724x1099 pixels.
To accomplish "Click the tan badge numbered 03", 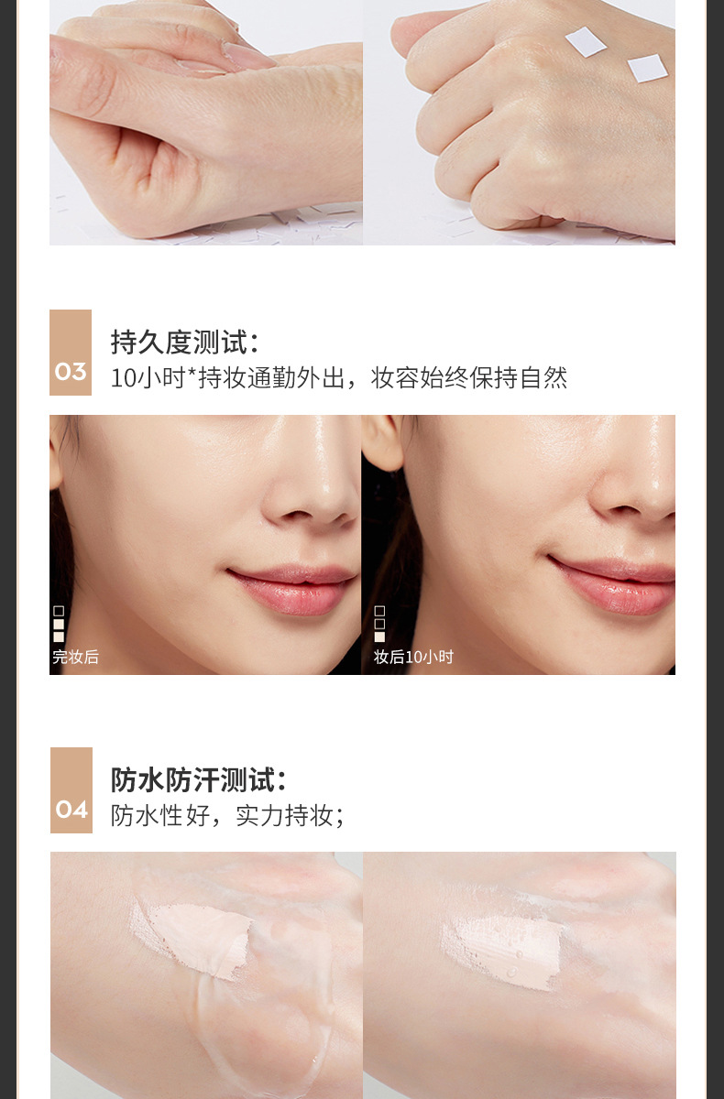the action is pyautogui.click(x=71, y=353).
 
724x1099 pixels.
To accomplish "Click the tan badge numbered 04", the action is pyautogui.click(x=71, y=790).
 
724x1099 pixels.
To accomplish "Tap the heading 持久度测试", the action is pyautogui.click(x=184, y=342).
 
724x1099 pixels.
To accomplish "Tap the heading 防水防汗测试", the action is pyautogui.click(x=198, y=779).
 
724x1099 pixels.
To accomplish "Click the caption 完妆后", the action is pyautogui.click(x=75, y=657).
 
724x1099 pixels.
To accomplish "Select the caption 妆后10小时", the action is pyautogui.click(x=413, y=657).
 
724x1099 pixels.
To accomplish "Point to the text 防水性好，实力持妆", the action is pyautogui.click(x=222, y=816).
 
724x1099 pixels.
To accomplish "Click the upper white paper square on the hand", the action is pyautogui.click(x=586, y=42).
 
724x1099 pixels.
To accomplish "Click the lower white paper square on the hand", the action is pyautogui.click(x=647, y=68).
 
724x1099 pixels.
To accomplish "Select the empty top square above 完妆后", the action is pyautogui.click(x=59, y=611).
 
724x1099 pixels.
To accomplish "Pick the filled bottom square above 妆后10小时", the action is pyautogui.click(x=379, y=637).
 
